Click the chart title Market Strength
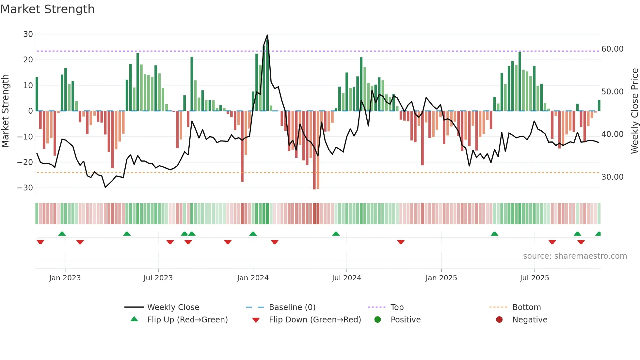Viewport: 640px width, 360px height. (47, 9)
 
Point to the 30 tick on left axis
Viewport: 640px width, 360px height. (28, 34)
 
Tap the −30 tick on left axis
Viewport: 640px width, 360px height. (25, 188)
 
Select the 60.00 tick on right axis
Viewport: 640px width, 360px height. (612, 49)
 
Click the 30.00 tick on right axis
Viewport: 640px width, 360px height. (612, 177)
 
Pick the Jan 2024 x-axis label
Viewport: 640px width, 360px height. (253, 278)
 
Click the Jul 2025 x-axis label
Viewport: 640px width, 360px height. (534, 278)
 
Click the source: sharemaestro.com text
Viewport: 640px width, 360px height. (575, 256)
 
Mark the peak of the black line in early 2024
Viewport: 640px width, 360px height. (267, 35)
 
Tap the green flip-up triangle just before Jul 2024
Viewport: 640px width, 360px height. (336, 234)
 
